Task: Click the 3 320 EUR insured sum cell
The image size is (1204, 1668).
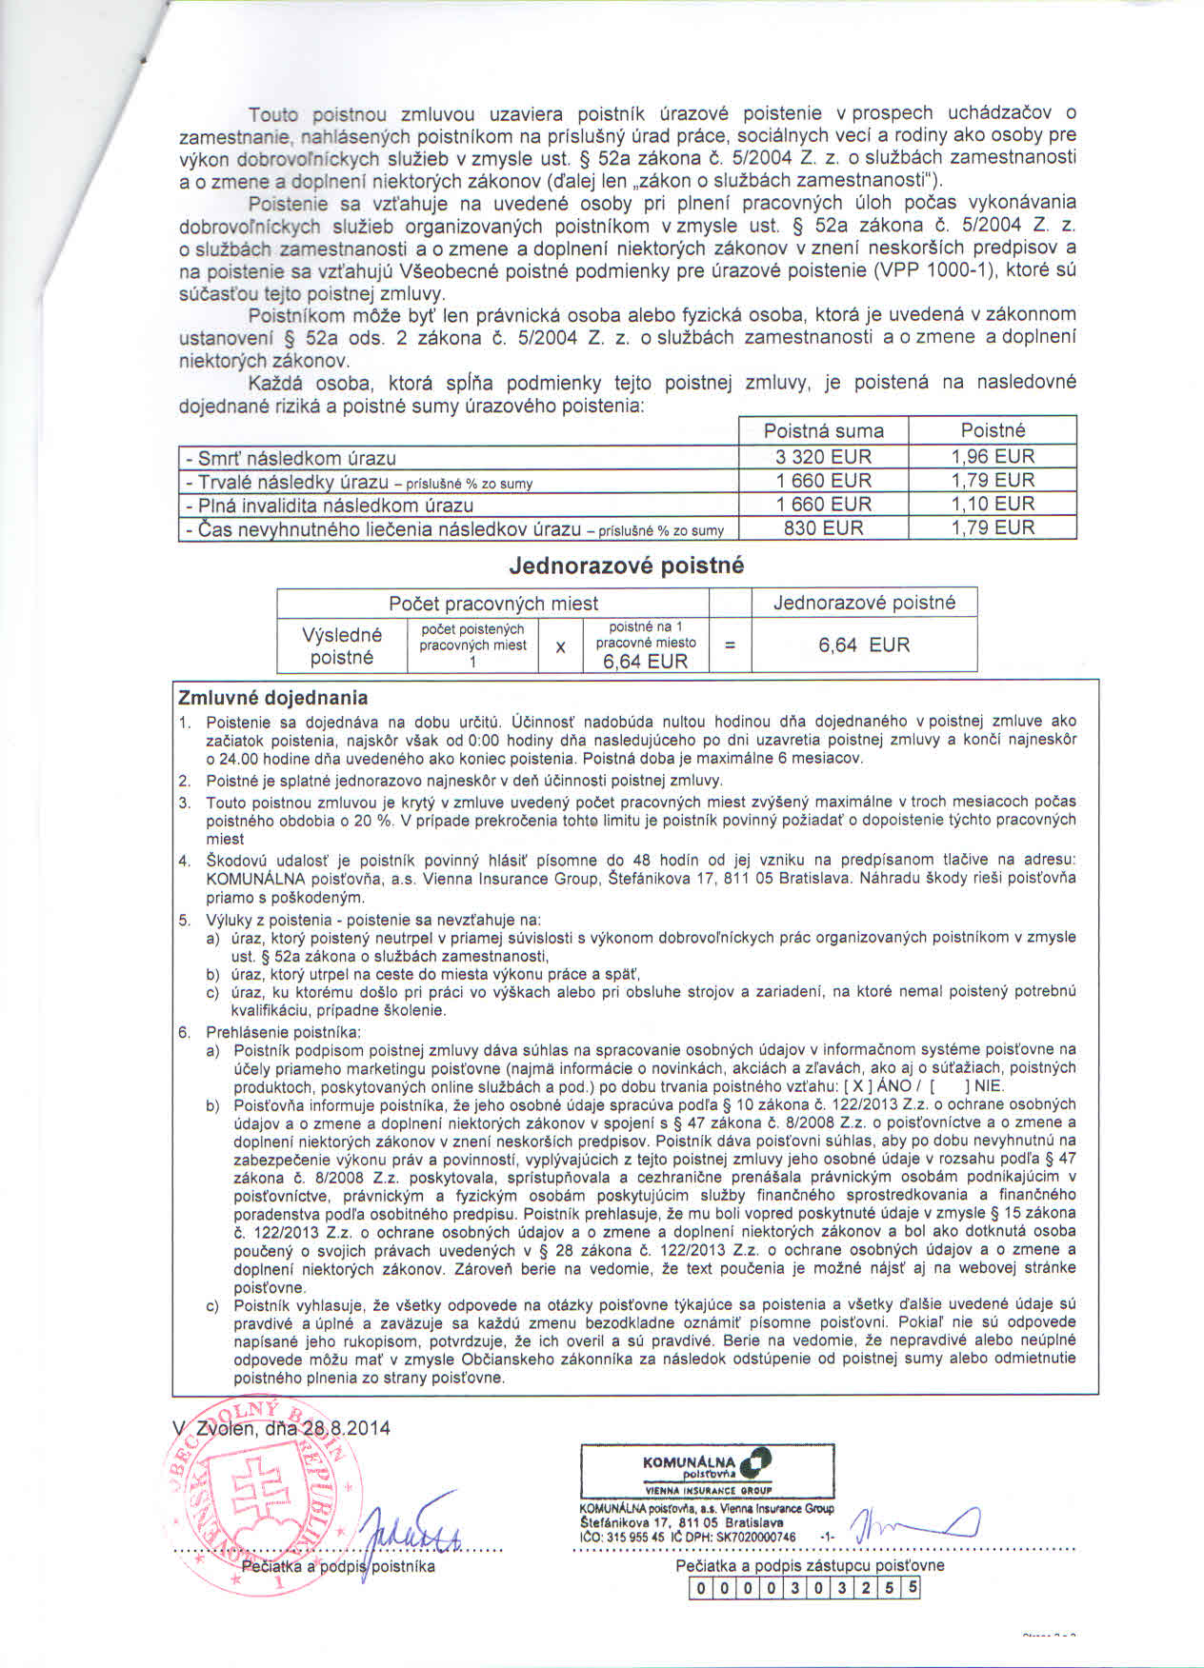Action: [823, 457]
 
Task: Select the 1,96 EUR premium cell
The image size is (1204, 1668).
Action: [993, 457]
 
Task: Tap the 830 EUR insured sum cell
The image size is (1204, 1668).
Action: [823, 528]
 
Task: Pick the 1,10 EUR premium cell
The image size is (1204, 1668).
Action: [993, 505]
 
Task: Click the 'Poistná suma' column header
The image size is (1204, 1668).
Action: [823, 431]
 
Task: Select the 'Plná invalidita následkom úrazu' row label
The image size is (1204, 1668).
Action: [330, 506]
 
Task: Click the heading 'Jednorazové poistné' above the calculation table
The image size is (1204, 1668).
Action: [626, 566]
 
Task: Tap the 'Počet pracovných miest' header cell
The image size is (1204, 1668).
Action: [492, 604]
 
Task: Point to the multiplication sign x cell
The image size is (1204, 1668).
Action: [560, 646]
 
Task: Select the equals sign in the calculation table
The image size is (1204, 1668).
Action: [730, 646]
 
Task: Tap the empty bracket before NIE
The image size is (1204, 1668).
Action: [947, 1086]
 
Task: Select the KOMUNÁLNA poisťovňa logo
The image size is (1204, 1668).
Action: [708, 1471]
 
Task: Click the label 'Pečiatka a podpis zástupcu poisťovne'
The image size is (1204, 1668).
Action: [810, 1566]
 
